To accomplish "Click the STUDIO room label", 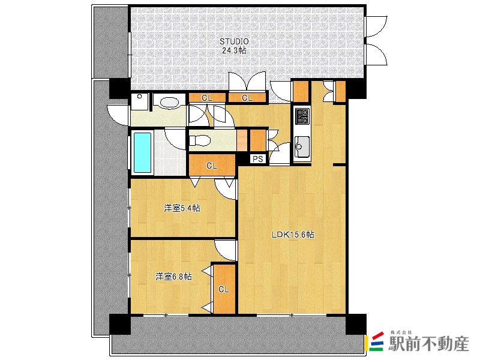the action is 234,41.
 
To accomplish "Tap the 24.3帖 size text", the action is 234,51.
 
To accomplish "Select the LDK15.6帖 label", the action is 293,235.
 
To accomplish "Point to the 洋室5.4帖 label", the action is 182,208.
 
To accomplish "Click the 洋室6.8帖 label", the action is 173,277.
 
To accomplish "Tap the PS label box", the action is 258,159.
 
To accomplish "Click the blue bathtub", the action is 142,152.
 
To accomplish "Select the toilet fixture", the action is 200,141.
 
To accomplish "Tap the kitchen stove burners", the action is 302,116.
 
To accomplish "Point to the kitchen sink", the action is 302,146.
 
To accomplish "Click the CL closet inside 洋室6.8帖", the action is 224,289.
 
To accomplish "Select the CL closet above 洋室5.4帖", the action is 212,166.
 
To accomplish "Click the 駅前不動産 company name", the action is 428,344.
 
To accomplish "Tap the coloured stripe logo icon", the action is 376,341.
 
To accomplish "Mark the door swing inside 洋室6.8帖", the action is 225,250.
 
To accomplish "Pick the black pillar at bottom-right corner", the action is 356,324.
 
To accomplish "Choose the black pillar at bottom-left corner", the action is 120,324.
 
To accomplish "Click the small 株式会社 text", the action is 401,332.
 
